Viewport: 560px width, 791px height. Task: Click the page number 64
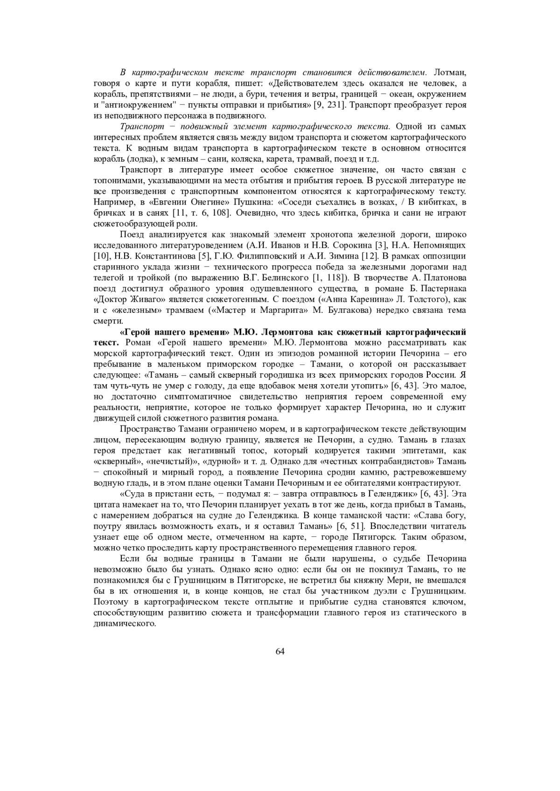[280, 651]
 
